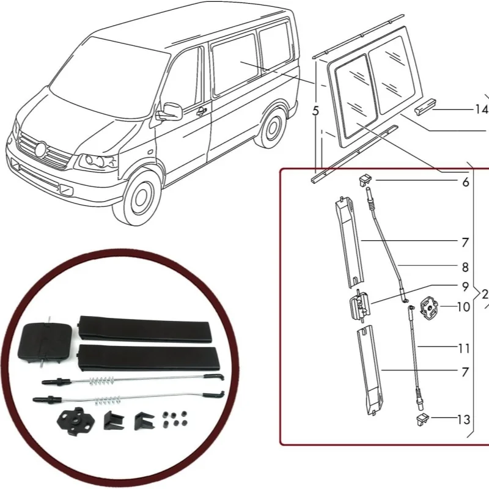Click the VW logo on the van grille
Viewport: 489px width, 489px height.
click(x=41, y=149)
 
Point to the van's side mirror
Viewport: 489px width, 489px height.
click(x=171, y=111)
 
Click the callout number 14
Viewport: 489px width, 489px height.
click(x=481, y=110)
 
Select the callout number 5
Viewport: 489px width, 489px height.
click(x=315, y=112)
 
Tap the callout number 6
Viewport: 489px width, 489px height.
click(x=465, y=182)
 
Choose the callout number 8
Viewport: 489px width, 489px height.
click(x=465, y=267)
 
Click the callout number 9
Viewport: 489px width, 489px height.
click(x=465, y=286)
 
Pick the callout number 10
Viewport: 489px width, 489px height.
click(x=463, y=306)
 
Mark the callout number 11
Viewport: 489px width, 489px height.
click(x=463, y=348)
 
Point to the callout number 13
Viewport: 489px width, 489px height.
click(x=463, y=419)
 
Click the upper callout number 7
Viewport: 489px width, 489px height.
click(x=465, y=243)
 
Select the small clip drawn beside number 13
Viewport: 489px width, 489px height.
click(x=421, y=419)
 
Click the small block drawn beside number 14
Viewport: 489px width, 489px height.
click(x=424, y=109)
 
